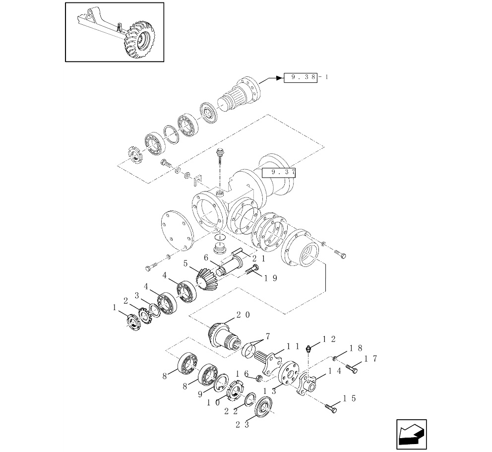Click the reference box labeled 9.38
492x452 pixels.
300,77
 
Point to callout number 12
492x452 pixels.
329,339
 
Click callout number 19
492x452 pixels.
270,278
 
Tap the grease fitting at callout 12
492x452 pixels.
309,348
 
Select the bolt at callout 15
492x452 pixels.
331,409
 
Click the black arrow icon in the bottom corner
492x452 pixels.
411,435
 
